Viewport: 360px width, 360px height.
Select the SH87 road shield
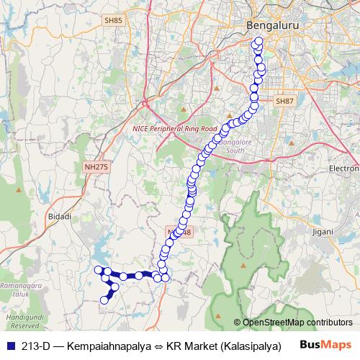(x=285, y=102)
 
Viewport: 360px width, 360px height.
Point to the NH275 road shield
(x=94, y=166)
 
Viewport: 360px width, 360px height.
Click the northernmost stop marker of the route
(x=258, y=42)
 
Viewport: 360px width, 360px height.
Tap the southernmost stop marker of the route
(x=104, y=300)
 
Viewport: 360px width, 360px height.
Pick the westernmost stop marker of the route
(x=99, y=270)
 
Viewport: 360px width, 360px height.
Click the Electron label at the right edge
(x=344, y=168)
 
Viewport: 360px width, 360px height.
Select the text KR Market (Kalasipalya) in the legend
(x=223, y=346)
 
